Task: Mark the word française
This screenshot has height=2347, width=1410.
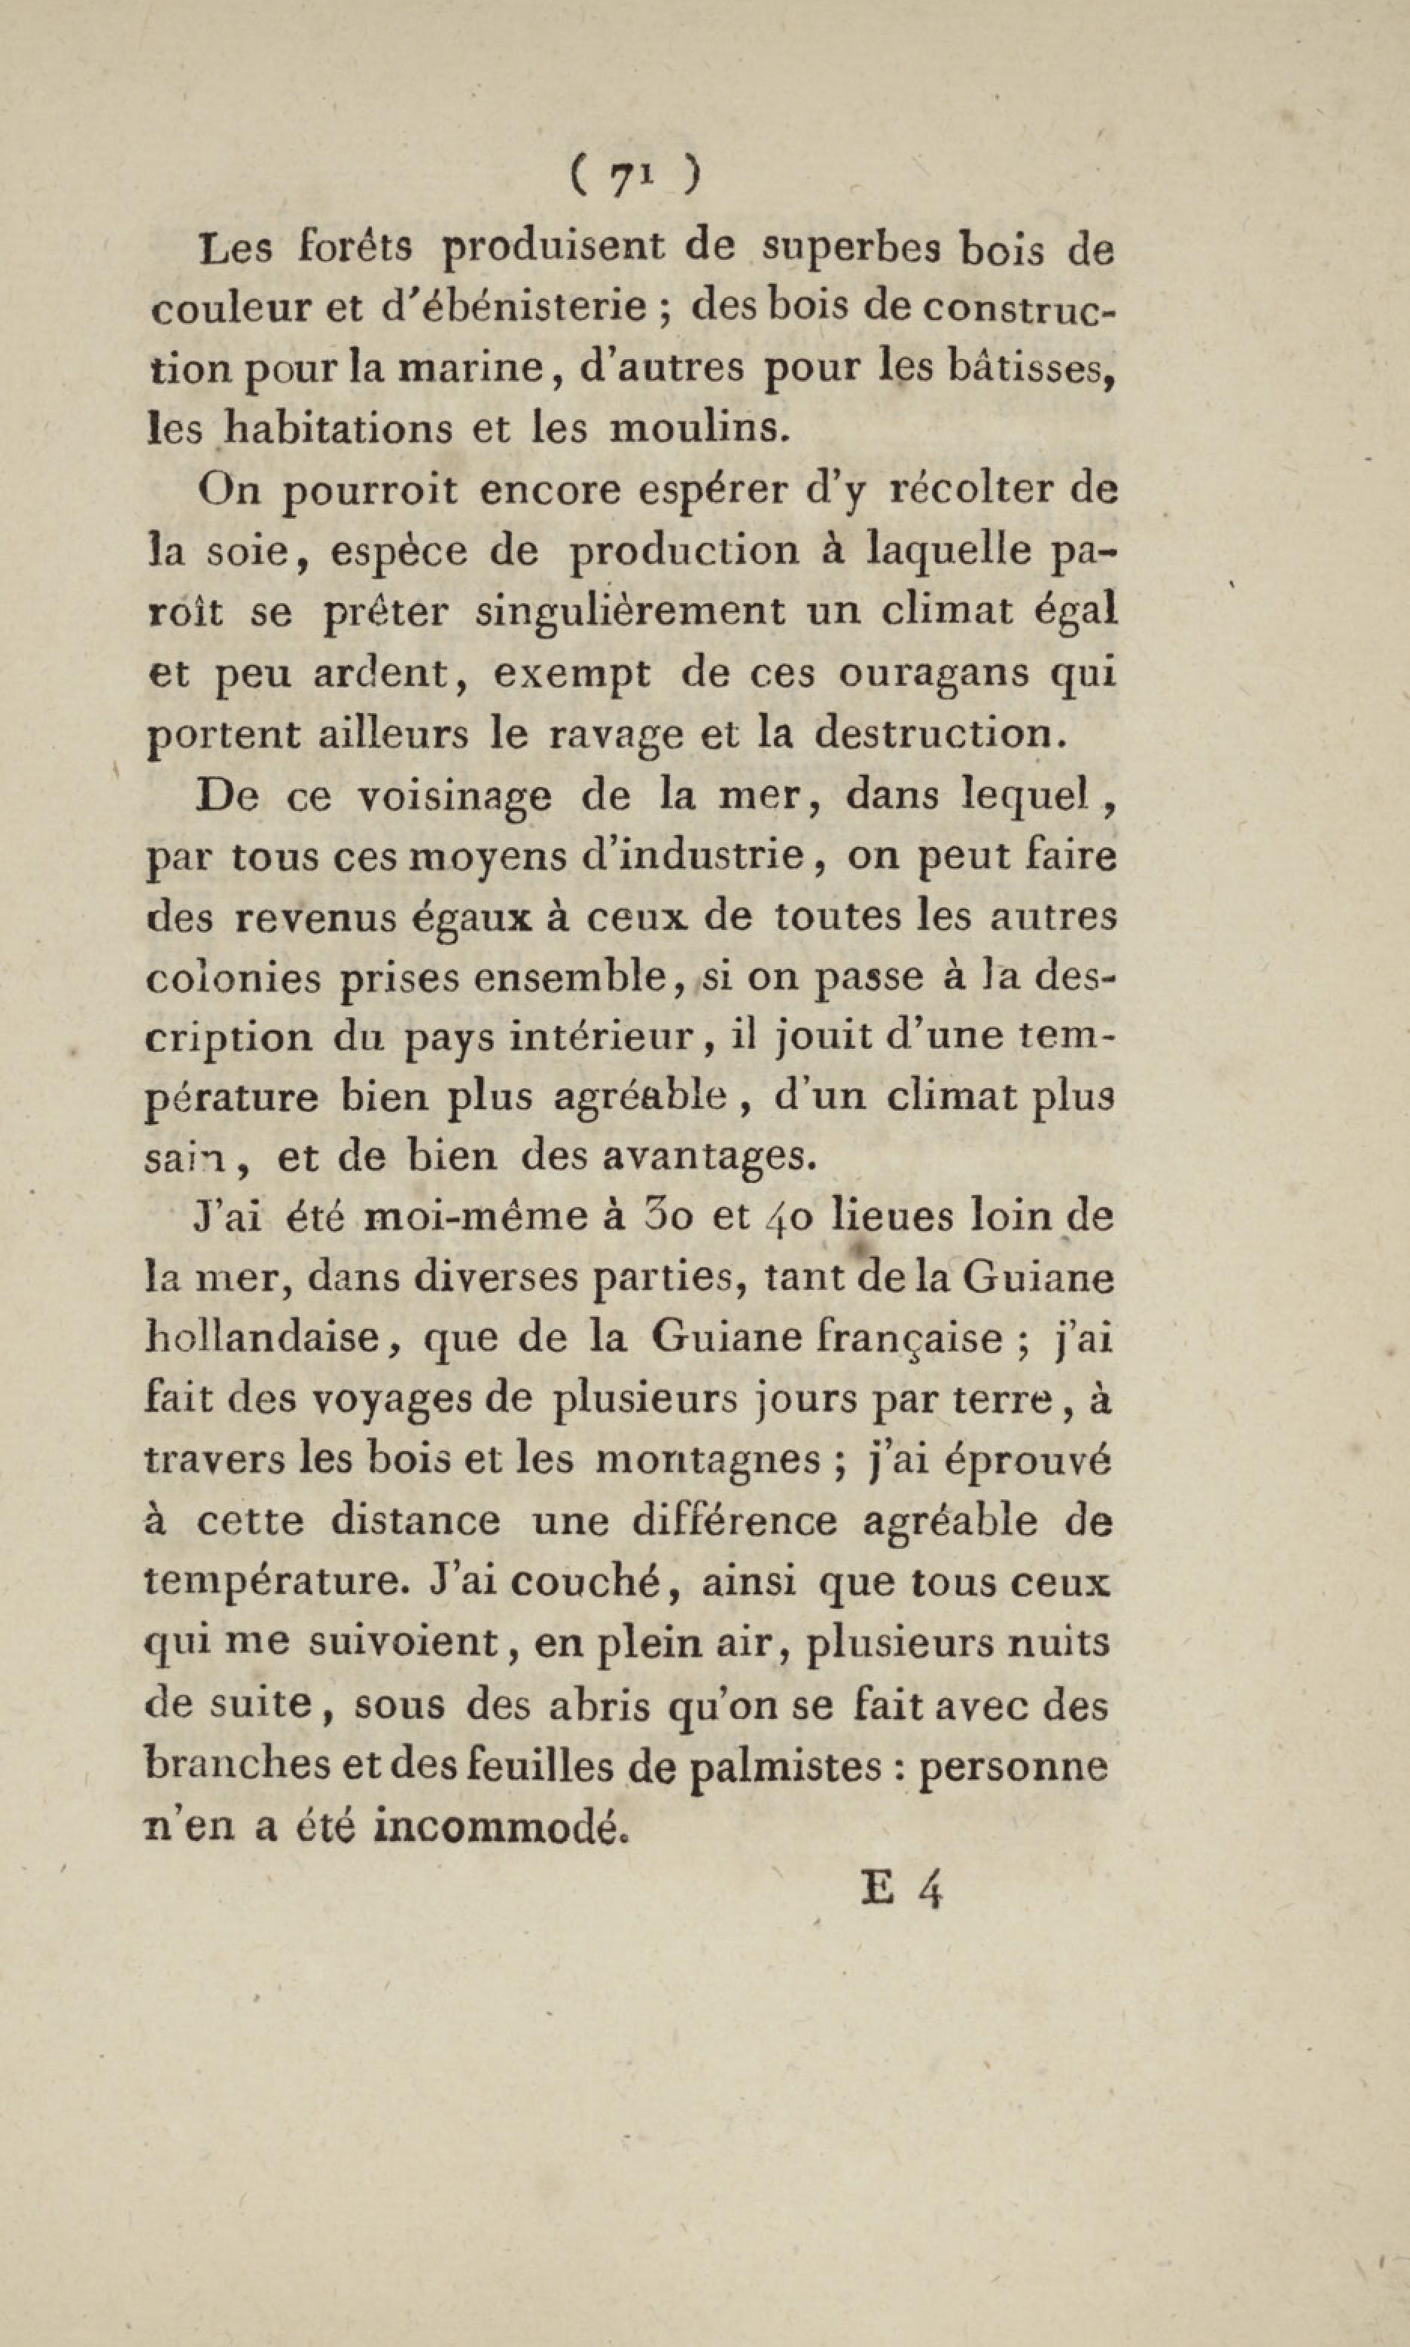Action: click(x=924, y=1339)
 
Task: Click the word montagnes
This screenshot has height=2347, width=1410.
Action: click(x=708, y=1459)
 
